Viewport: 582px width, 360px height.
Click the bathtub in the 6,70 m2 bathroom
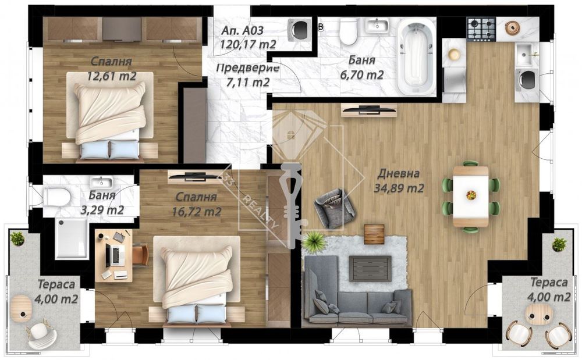pyautogui.click(x=417, y=56)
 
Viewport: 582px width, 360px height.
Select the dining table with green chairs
pyautogui.click(x=471, y=196)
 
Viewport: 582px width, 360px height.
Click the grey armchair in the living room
pyautogui.click(x=334, y=208)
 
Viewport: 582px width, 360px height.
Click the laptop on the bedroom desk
pyautogui.click(x=115, y=255)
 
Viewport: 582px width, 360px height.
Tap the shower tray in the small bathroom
pyautogui.click(x=72, y=238)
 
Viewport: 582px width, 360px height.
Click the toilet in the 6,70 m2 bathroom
pyautogui.click(x=348, y=33)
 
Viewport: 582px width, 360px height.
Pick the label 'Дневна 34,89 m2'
pyautogui.click(x=399, y=181)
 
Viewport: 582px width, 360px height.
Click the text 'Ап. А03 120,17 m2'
pyautogui.click(x=248, y=37)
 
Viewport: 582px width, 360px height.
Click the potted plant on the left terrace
pyautogui.click(x=17, y=238)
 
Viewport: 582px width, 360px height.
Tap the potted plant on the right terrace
pyautogui.click(x=559, y=244)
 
